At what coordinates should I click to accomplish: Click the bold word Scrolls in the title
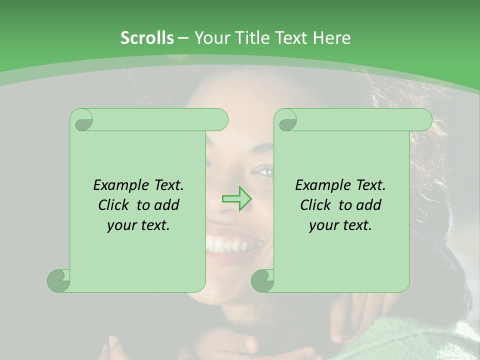point(147,38)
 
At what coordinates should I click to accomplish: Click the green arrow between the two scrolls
point(237,199)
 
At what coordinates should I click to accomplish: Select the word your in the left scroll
point(121,225)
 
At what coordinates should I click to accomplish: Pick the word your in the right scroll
point(323,225)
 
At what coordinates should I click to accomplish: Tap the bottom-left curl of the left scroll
point(58,280)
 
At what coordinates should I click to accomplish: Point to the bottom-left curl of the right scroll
point(262,280)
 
